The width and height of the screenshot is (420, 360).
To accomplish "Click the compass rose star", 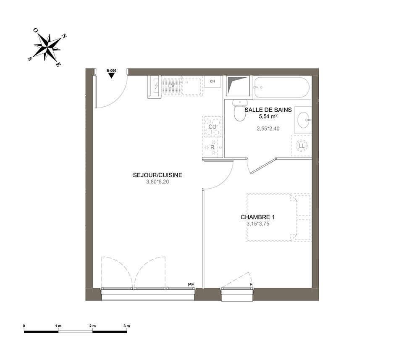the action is click(x=47, y=47).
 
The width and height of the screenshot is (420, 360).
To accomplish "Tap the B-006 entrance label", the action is click(x=111, y=71).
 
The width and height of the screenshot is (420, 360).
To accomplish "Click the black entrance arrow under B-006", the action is click(x=111, y=76).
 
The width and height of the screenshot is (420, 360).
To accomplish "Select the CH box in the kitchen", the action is click(x=213, y=81).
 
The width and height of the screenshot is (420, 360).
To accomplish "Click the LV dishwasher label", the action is click(x=171, y=86).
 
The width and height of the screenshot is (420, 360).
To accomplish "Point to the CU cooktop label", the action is click(x=213, y=126).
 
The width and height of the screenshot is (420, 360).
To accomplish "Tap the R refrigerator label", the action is click(x=213, y=147).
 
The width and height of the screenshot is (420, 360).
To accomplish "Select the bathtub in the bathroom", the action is click(x=282, y=88).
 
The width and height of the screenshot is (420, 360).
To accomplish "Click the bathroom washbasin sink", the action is click(x=304, y=120).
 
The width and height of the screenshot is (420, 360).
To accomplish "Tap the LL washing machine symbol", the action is click(x=302, y=146).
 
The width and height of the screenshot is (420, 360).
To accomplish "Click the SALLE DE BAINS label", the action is click(x=268, y=110).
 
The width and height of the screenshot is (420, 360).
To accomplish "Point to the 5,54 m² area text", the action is click(x=268, y=116).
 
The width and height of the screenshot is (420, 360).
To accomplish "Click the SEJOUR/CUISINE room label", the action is click(x=157, y=175).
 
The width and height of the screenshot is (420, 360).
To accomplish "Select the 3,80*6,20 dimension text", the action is click(x=157, y=182).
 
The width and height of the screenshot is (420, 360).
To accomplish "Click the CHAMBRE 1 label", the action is click(x=258, y=217).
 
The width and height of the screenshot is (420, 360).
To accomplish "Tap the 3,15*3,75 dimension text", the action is click(x=258, y=224).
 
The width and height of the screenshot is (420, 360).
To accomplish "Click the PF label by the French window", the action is click(x=191, y=284).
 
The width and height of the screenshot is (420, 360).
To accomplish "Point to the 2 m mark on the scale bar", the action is click(x=92, y=326).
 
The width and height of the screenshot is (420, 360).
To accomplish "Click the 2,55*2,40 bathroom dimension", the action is click(x=268, y=129).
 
